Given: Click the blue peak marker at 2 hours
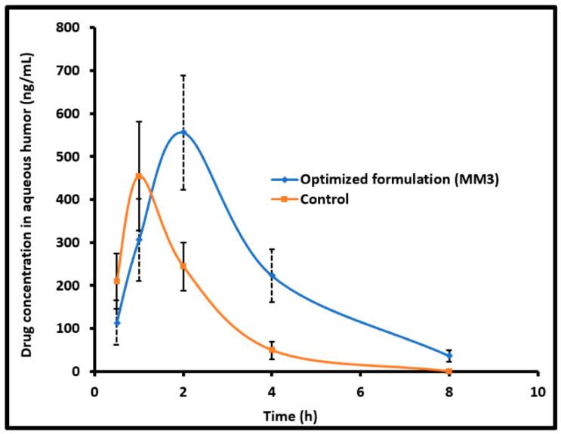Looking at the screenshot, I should point(183,132).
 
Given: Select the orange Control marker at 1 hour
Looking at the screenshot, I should point(139,176).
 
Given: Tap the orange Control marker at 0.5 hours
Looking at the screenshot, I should point(116,282).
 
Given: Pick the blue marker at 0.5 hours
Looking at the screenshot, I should point(116,323).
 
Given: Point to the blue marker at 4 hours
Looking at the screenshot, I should point(272,276).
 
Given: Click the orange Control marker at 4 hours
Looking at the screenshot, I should point(272,349).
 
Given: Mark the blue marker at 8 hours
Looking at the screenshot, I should point(449,356).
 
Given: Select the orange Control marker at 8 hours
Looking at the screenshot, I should point(449,371).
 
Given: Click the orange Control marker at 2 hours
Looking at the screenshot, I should point(183,266).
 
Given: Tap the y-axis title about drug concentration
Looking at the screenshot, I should point(27,199).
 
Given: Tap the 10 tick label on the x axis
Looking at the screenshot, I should point(538,392).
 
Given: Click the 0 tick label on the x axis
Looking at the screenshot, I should point(94,392).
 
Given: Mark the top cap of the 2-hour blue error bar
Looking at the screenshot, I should point(183,75).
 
